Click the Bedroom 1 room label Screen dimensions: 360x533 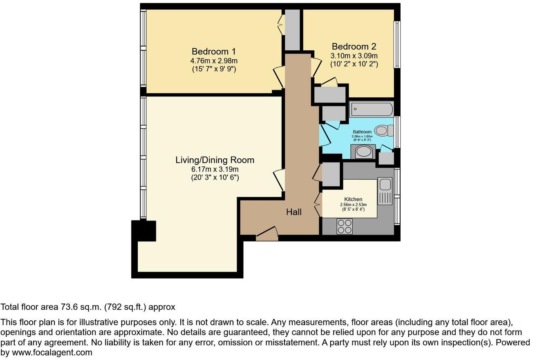tap(214, 52)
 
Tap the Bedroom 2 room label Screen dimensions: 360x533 tap(354, 47)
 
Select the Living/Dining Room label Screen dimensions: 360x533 tap(215, 160)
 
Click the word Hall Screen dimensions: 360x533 tap(294, 212)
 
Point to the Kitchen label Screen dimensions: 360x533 tap(353, 199)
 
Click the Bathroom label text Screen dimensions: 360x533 tap(363, 132)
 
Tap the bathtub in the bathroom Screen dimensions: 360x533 tap(372, 109)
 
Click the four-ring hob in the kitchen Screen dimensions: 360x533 tap(345, 226)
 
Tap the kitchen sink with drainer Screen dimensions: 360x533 tap(385, 191)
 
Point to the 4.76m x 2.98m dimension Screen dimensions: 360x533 tap(214, 61)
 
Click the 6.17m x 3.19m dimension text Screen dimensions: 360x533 tap(215, 169)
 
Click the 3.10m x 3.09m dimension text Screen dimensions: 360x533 tap(354, 56)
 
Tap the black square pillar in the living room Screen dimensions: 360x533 tap(144, 231)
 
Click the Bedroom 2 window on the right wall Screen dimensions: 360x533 tap(396, 44)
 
